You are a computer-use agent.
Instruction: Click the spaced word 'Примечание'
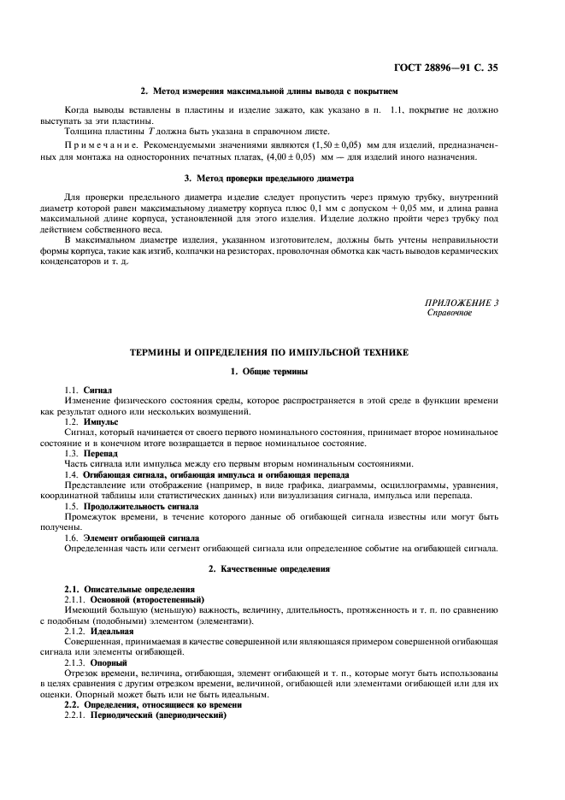97,147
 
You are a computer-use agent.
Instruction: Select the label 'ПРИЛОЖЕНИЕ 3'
462,303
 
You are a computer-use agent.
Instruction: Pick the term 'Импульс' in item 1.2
101,422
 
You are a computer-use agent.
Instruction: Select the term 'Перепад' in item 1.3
101,454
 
